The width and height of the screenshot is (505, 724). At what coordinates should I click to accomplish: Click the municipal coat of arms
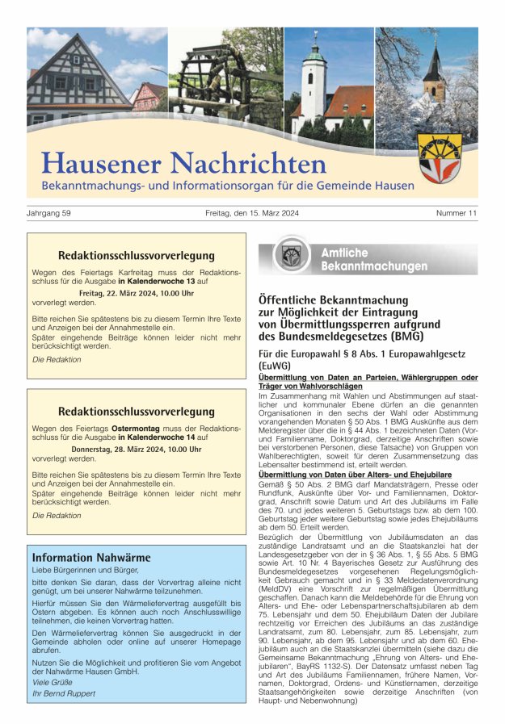(x=440, y=157)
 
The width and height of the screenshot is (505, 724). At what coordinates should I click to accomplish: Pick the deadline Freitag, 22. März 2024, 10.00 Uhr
(x=136, y=293)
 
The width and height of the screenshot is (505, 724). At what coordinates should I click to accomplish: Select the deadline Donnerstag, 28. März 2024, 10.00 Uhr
(x=136, y=448)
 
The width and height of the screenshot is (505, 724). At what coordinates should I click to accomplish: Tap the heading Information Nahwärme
(x=91, y=557)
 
